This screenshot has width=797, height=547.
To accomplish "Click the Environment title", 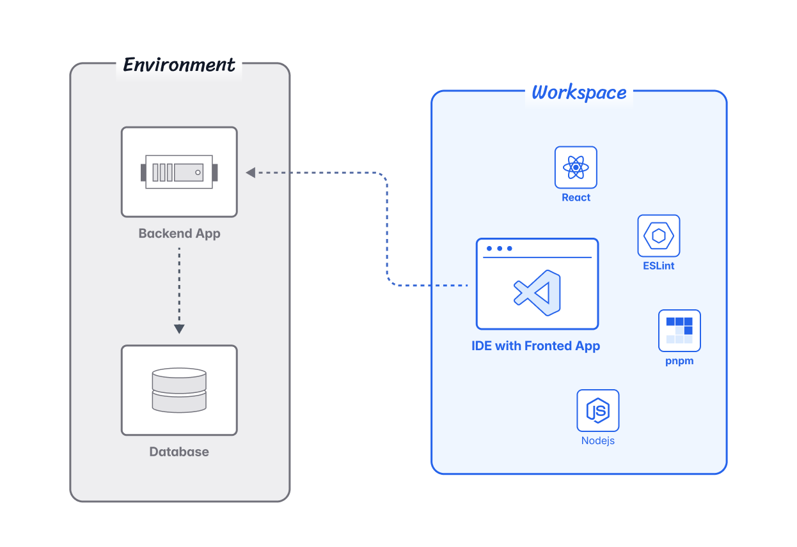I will click(179, 65).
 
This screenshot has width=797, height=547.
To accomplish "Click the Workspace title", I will click(579, 93).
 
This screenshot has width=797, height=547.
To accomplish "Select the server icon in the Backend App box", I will click(179, 172).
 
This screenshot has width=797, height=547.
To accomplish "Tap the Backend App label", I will click(179, 233).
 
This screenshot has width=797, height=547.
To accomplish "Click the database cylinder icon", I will click(179, 390).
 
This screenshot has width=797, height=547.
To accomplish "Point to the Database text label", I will click(179, 452).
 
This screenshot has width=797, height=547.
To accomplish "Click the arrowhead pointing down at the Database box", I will click(179, 328).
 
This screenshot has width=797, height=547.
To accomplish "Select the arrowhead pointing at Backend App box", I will click(251, 172).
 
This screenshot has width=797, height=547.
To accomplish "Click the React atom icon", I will click(576, 167).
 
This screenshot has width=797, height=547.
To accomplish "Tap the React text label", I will click(576, 197).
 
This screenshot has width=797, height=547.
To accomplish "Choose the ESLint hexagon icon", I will click(658, 236).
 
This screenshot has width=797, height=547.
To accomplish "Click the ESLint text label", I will click(658, 265).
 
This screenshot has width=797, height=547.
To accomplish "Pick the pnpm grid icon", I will click(679, 330).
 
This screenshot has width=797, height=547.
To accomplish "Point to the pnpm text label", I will click(679, 361).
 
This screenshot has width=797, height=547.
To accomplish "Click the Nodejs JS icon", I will click(598, 410).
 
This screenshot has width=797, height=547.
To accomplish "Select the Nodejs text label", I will click(598, 440).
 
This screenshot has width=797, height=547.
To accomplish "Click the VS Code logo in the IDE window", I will click(537, 293).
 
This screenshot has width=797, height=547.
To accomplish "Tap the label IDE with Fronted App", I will click(536, 346).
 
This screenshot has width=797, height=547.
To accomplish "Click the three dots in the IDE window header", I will click(499, 249).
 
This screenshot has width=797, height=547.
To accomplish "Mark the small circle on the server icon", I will click(198, 173).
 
